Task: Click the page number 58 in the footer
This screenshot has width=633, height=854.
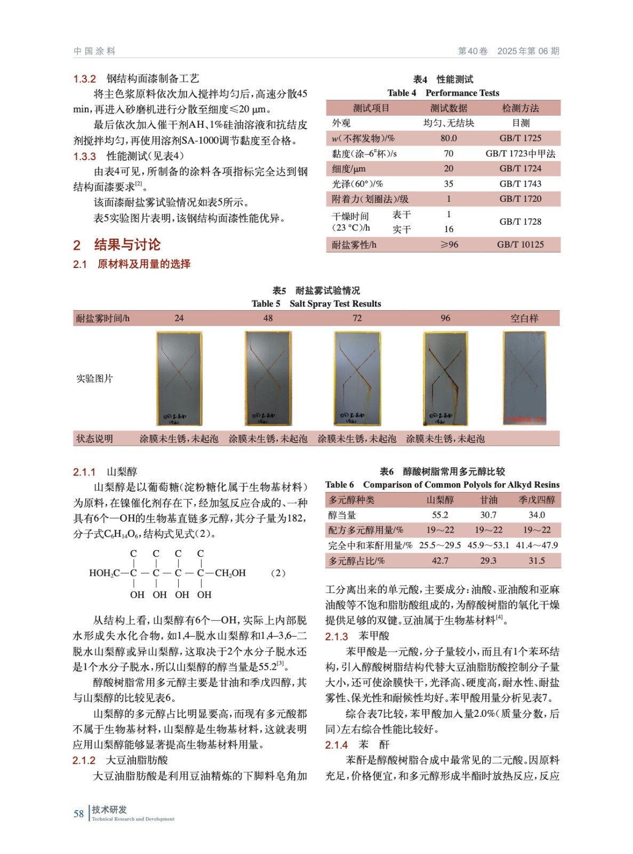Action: pyautogui.click(x=78, y=813)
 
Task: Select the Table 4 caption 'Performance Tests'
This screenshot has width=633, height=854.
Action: pyautogui.click(x=462, y=93)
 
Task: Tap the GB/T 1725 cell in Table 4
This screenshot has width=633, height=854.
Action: pyautogui.click(x=520, y=138)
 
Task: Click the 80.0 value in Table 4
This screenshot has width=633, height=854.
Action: pyautogui.click(x=448, y=138)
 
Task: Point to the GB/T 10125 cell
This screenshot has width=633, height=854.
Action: pyautogui.click(x=520, y=244)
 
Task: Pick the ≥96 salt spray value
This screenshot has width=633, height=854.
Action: pyautogui.click(x=448, y=244)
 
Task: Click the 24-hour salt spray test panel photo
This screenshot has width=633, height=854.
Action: pyautogui.click(x=179, y=378)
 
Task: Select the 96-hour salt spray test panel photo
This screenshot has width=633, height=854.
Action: pyautogui.click(x=445, y=378)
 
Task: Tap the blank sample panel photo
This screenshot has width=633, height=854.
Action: pyautogui.click(x=525, y=378)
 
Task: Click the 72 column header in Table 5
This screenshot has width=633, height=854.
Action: pyautogui.click(x=357, y=318)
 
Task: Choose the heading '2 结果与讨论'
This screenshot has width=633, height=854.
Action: pyautogui.click(x=117, y=245)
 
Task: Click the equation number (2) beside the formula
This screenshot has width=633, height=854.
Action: pyautogui.click(x=278, y=573)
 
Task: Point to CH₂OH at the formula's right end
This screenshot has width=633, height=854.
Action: pyautogui.click(x=230, y=573)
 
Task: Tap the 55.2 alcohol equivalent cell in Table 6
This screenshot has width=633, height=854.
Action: pyautogui.click(x=440, y=515)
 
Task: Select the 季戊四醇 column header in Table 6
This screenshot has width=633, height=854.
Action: pyautogui.click(x=536, y=500)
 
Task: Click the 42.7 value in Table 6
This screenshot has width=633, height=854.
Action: pyautogui.click(x=440, y=560)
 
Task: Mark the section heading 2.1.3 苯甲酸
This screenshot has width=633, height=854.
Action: pyautogui.click(x=357, y=636)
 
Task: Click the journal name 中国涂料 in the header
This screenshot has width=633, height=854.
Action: pyautogui.click(x=94, y=51)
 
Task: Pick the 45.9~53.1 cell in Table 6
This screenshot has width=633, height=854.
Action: pyautogui.click(x=488, y=545)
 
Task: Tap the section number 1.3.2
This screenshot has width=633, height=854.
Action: pyautogui.click(x=84, y=79)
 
